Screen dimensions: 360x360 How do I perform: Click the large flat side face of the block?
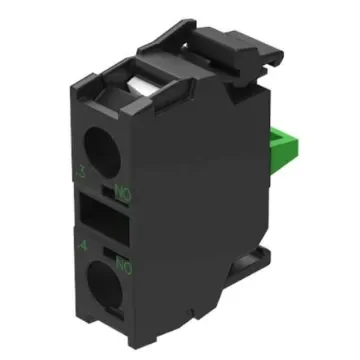[x=200, y=200]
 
